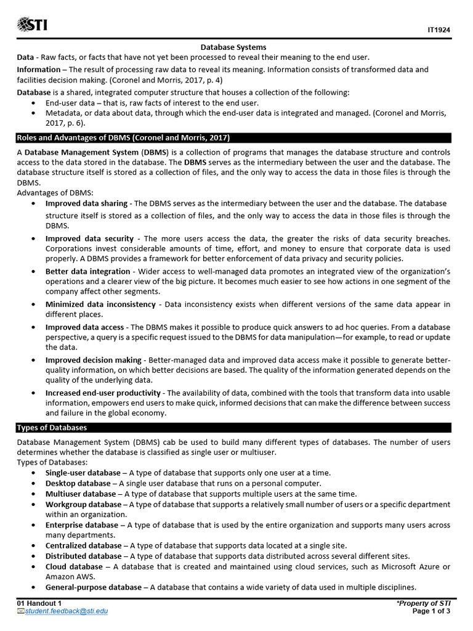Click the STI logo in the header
coord(31,25)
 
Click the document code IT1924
coord(439,30)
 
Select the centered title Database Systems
coord(233,47)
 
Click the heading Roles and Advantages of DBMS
coord(123,137)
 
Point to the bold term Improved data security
coord(89,238)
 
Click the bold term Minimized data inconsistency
coord(100,304)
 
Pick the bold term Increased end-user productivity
coord(103,393)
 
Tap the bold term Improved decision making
coord(93,360)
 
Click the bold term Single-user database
coord(83,473)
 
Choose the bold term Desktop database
coord(77,484)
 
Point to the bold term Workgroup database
coord(83,505)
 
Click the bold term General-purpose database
coord(93,587)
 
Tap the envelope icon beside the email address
coord(20,611)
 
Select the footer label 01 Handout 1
coord(39,603)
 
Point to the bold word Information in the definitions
coord(38,70)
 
